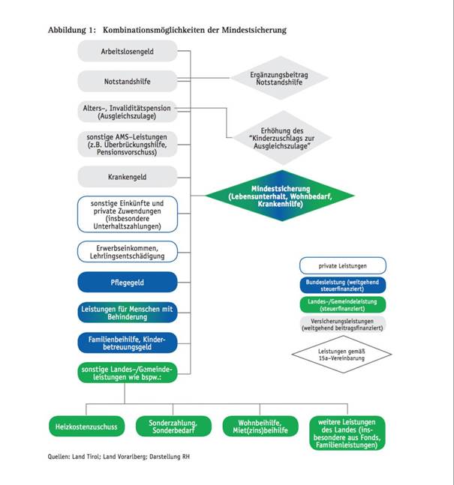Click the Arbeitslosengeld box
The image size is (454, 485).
127,51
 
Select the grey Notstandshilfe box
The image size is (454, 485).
127,80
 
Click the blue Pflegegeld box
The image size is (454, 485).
127,282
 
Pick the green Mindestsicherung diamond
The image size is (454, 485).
281,197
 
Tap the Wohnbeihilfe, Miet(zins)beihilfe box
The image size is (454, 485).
255,427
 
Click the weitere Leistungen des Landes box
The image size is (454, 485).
347,431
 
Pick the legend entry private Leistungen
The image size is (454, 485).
341,265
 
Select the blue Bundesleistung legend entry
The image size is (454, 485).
341,286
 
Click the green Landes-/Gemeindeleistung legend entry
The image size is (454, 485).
341,304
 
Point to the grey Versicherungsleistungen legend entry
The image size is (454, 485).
341,324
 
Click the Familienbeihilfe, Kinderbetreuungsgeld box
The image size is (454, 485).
127,343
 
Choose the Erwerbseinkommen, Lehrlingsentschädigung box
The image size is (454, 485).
127,251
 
